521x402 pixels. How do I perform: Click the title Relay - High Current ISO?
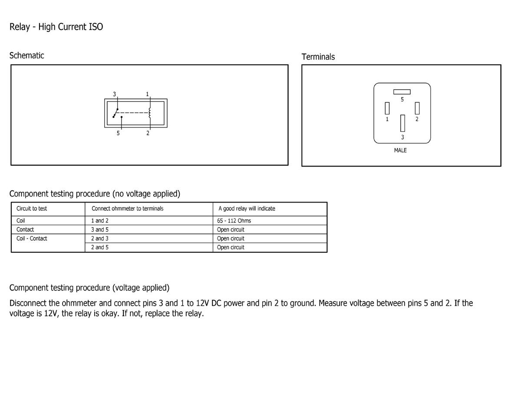click(x=56, y=27)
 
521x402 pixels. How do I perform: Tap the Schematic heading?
click(x=26, y=56)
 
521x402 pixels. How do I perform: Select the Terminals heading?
click(x=318, y=57)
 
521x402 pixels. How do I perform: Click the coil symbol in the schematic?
click(x=150, y=113)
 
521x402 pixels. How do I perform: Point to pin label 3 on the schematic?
click(x=114, y=94)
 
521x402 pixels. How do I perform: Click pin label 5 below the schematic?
click(x=118, y=133)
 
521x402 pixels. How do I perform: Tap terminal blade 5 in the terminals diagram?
click(x=402, y=92)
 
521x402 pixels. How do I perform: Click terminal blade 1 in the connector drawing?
click(x=387, y=108)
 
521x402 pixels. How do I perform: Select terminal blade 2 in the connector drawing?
click(x=417, y=108)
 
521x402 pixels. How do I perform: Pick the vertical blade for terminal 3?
click(x=402, y=123)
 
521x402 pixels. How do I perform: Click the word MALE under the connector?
click(x=400, y=150)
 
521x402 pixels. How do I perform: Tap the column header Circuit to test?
click(x=32, y=209)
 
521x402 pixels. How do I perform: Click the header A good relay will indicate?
click(x=247, y=209)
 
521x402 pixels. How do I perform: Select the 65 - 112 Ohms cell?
click(x=234, y=221)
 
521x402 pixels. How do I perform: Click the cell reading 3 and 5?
click(x=100, y=229)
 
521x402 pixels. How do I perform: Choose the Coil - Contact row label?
click(x=32, y=239)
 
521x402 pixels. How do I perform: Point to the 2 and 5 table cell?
click(x=100, y=247)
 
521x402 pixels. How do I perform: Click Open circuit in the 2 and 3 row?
click(x=231, y=239)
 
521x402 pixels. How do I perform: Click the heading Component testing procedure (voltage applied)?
click(x=89, y=288)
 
